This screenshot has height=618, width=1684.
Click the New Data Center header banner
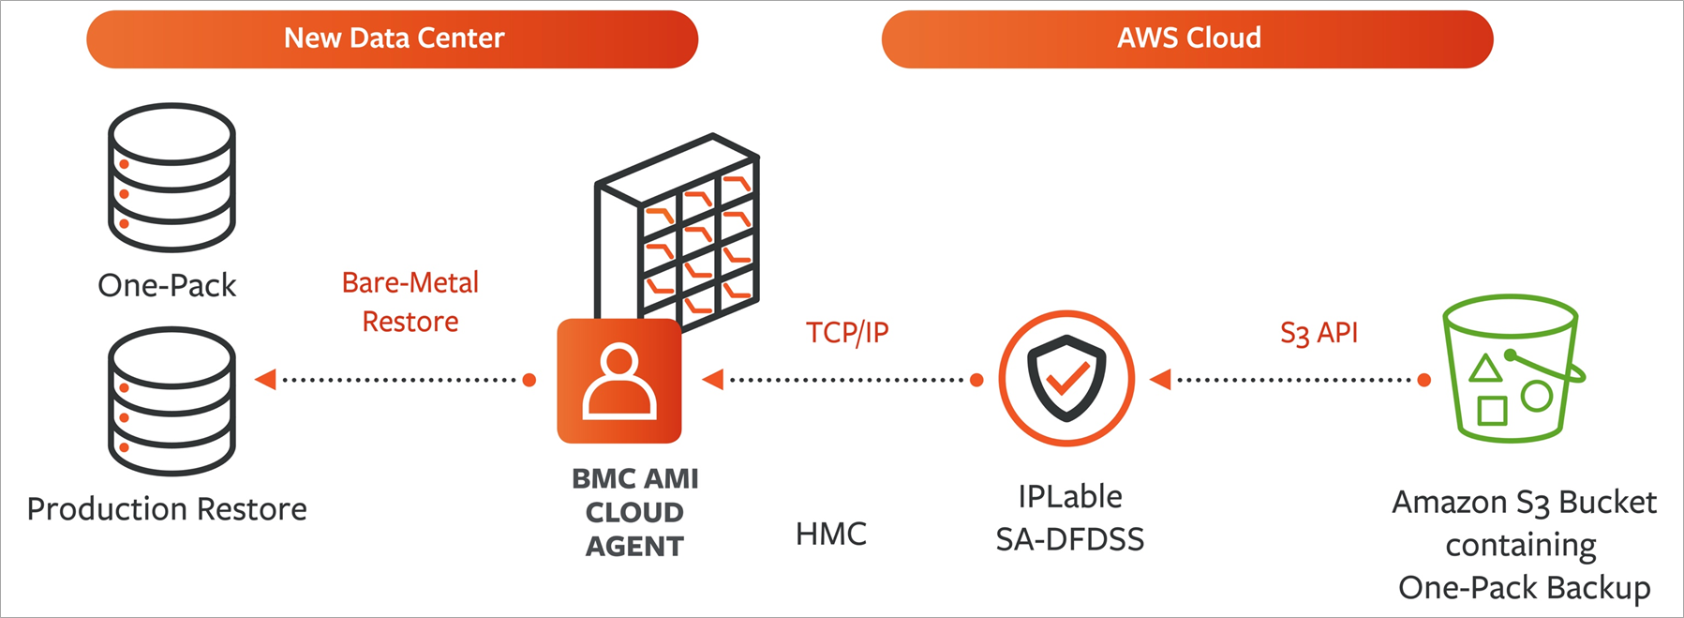[x=392, y=39]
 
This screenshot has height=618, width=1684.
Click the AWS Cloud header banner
[x=1186, y=39]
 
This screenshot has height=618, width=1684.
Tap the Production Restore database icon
[x=171, y=400]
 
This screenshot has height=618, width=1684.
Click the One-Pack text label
[x=167, y=285]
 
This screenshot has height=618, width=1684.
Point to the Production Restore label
[x=167, y=509]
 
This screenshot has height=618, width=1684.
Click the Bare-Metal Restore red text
[x=410, y=302]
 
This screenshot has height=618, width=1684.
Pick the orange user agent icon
[x=618, y=381]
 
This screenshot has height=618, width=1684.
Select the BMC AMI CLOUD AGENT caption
[x=634, y=512]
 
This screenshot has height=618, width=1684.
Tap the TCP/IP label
[x=847, y=332]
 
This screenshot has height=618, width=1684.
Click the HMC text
[x=830, y=534]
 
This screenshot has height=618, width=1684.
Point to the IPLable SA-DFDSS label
[x=1069, y=518]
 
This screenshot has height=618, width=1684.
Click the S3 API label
[x=1319, y=333]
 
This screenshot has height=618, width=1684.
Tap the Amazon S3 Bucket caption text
[x=1524, y=545]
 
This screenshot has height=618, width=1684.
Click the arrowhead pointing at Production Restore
[x=266, y=380]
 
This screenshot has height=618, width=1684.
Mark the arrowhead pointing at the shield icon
[x=1161, y=380]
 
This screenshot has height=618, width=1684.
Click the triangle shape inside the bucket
[x=1484, y=369]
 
